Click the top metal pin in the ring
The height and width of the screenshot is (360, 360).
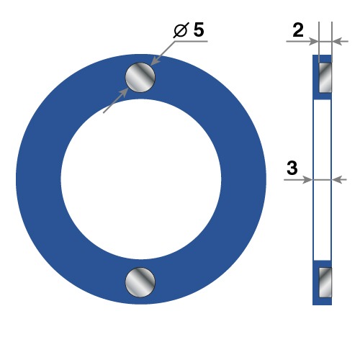click(x=140, y=77)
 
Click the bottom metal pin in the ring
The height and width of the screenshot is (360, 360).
click(x=140, y=282)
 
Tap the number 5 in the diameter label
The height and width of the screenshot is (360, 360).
click(x=199, y=30)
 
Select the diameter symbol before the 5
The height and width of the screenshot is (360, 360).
click(x=181, y=30)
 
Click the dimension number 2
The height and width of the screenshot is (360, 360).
click(x=298, y=30)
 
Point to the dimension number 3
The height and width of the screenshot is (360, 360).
click(x=292, y=168)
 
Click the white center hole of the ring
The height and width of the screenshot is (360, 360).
click(x=141, y=179)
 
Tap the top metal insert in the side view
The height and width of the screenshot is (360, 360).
click(x=325, y=78)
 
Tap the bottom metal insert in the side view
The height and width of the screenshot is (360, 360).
click(x=325, y=282)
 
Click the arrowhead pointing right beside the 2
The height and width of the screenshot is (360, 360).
click(x=314, y=41)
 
